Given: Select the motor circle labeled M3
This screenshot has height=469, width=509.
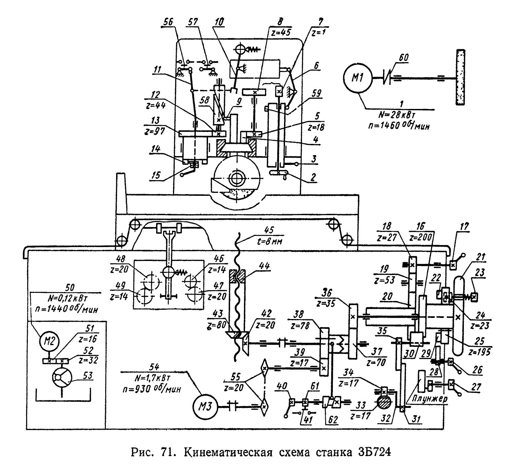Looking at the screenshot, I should click(204, 406).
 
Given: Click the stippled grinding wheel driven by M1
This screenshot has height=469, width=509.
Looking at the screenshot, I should click(460, 77).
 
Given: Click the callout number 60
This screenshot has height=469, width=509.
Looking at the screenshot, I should click(404, 58).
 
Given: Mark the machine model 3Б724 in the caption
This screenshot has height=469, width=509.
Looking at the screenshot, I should click(373, 453).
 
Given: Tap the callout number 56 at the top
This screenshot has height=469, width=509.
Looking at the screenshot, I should click(168, 22).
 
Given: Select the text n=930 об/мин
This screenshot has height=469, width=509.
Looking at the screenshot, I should click(152, 389).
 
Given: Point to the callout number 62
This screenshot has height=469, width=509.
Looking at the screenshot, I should click(333, 419).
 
